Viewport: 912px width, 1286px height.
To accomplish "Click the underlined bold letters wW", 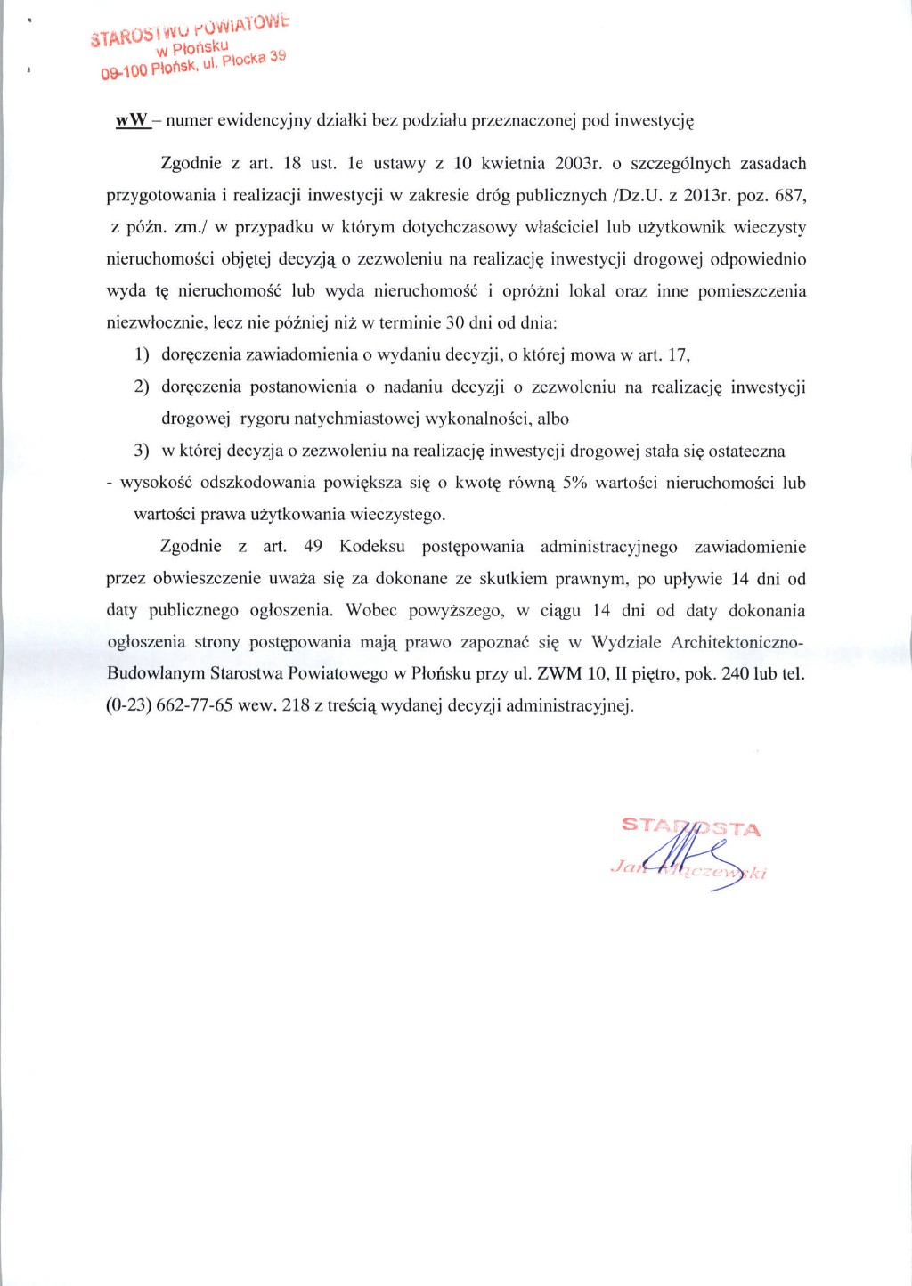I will click(132, 120).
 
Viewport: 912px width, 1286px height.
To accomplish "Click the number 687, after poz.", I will click(791, 195).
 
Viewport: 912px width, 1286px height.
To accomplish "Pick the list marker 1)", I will click(142, 354).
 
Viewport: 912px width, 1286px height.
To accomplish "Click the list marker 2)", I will click(142, 387).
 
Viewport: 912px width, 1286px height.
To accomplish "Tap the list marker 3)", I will click(142, 451).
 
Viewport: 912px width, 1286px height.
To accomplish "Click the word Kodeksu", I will click(372, 546).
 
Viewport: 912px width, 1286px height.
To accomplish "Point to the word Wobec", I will click(371, 610).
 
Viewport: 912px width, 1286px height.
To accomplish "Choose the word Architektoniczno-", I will click(737, 642).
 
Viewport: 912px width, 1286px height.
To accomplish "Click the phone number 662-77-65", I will click(194, 705).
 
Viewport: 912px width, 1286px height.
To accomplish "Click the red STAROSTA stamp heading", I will click(691, 827).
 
